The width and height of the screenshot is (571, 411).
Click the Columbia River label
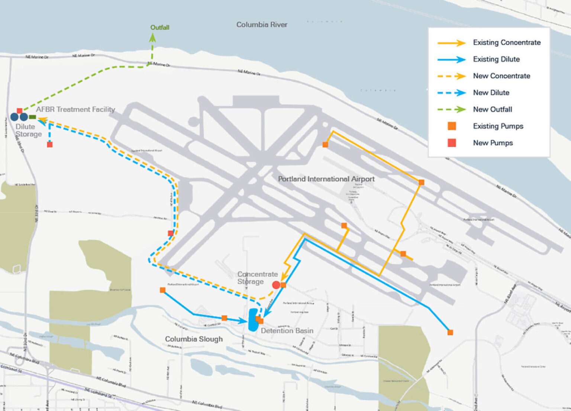[x=262, y=25]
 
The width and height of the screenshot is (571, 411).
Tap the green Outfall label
[x=159, y=28]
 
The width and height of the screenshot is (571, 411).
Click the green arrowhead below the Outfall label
[x=152, y=37]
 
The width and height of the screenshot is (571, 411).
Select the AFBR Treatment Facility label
[x=75, y=109]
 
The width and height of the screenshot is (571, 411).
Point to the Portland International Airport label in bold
[x=326, y=179]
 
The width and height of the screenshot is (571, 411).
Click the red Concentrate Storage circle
[x=276, y=285]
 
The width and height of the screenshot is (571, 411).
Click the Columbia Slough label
[x=194, y=339]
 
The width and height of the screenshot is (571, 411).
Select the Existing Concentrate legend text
[x=507, y=42]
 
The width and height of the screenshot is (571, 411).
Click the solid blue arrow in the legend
[x=451, y=60]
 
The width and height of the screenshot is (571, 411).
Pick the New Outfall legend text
[x=492, y=109]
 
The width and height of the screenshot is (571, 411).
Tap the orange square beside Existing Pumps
[x=452, y=126]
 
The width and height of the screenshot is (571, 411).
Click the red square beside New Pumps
[x=452, y=143]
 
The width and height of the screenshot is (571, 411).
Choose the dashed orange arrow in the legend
[x=451, y=76]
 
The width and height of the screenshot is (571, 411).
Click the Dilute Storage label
[x=28, y=130]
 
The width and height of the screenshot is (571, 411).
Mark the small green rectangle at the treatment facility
[x=33, y=117]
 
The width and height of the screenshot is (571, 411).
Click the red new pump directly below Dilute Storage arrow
[x=50, y=144]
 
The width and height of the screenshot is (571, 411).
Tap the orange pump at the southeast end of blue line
[x=450, y=332]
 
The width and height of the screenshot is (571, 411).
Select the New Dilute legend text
[x=491, y=93]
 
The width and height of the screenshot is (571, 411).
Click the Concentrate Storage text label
[x=257, y=278]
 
